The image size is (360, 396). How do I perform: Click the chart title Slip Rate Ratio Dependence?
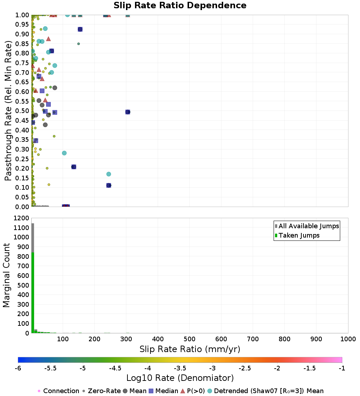(x=180, y=6)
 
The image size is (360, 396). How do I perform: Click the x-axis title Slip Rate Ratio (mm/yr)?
(x=190, y=349)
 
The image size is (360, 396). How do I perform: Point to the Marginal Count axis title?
(x=6, y=275)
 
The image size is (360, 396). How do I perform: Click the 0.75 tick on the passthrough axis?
(x=23, y=63)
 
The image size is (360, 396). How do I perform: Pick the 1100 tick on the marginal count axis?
(x=21, y=228)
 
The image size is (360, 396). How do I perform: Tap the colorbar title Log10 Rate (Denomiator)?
(x=180, y=378)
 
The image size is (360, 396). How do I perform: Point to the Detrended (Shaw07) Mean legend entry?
(x=269, y=391)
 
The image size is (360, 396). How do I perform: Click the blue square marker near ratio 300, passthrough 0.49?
(x=127, y=112)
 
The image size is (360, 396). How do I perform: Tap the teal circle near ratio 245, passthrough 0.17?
(x=109, y=174)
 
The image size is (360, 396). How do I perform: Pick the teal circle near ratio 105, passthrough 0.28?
(x=64, y=153)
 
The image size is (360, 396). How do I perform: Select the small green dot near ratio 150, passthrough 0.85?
(x=78, y=44)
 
